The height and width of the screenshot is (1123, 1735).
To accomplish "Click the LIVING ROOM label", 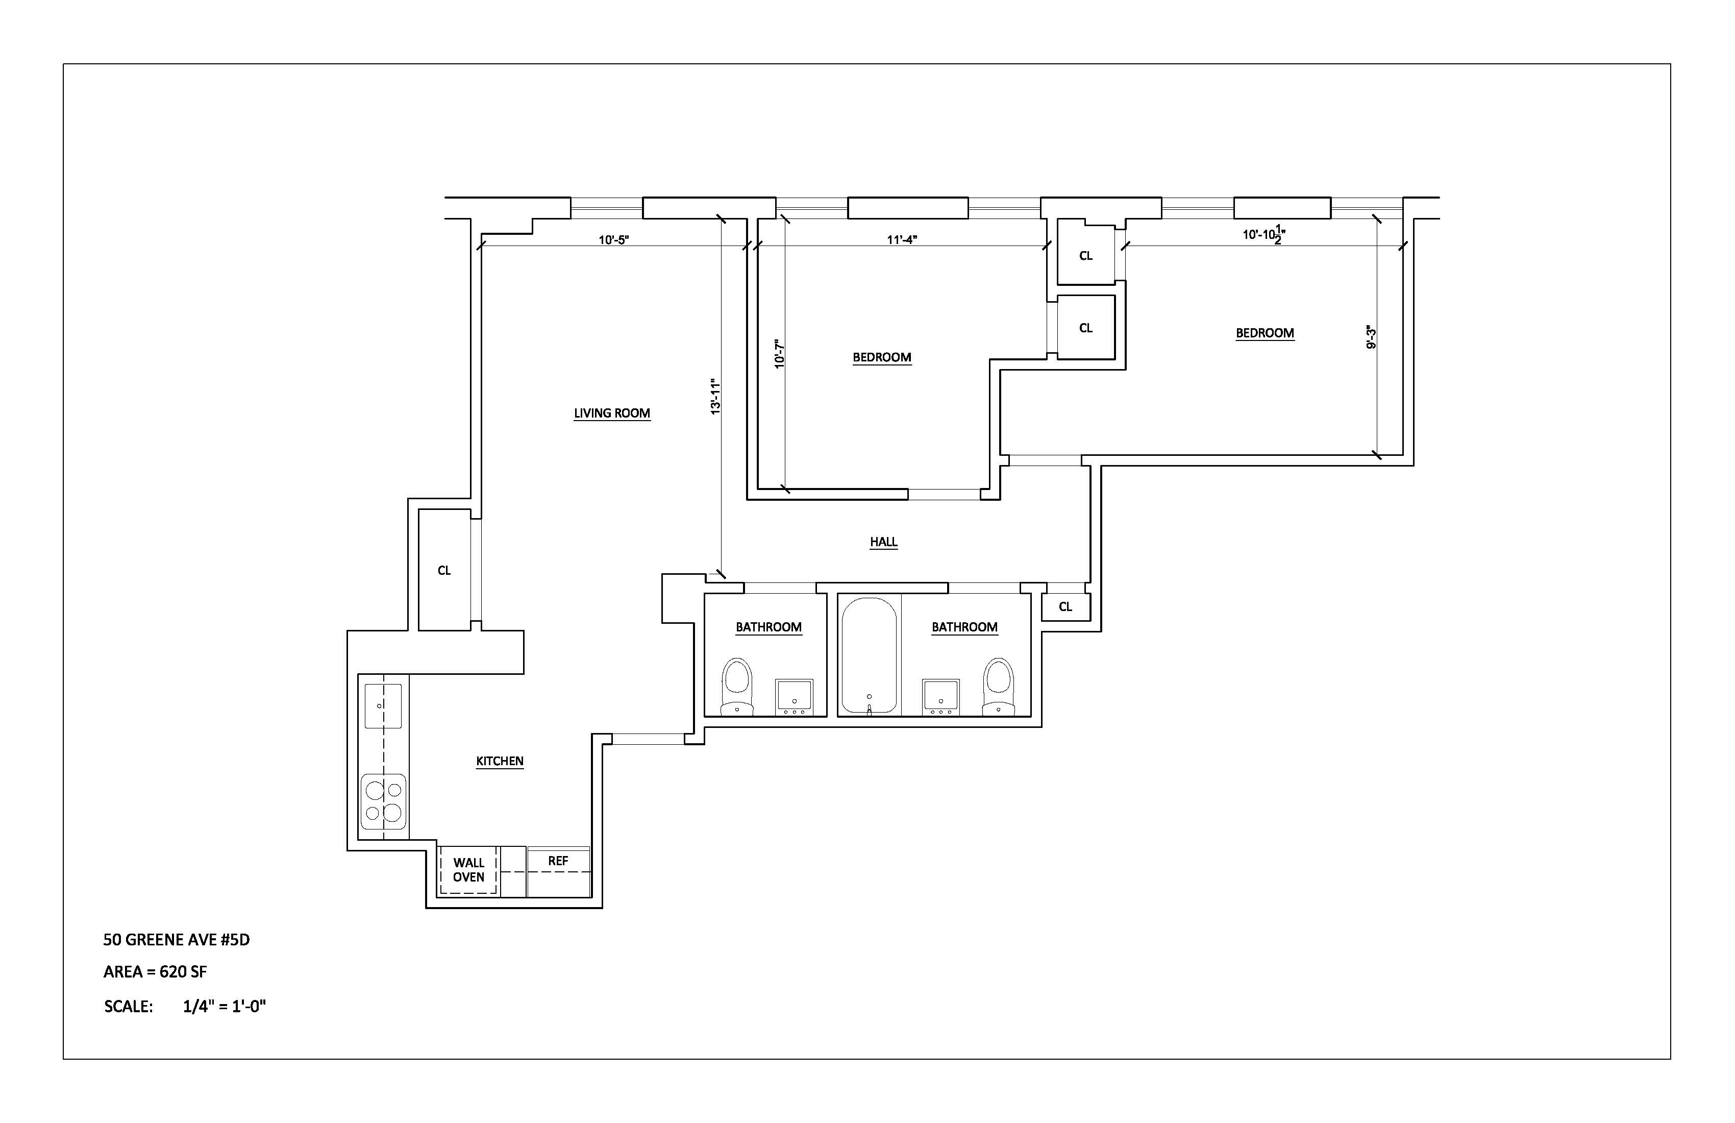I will coord(612,413).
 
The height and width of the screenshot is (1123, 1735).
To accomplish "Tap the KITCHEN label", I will coord(500,761).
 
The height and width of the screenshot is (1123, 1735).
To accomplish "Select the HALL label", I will coord(883,542).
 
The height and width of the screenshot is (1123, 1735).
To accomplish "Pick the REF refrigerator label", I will coord(558,861).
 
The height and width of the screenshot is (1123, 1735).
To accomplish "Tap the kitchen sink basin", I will coord(383,706).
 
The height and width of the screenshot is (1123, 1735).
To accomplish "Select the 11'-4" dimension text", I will coord(902,239).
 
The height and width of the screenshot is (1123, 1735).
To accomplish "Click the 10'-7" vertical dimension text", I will coord(779,354).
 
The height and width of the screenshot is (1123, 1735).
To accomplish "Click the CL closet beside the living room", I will coord(444,570).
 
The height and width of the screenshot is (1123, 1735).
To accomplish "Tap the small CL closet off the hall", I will coord(1065,607).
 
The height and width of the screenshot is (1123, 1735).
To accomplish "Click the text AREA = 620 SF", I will coord(155,972).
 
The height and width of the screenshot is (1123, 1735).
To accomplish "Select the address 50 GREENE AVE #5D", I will coord(177,940).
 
